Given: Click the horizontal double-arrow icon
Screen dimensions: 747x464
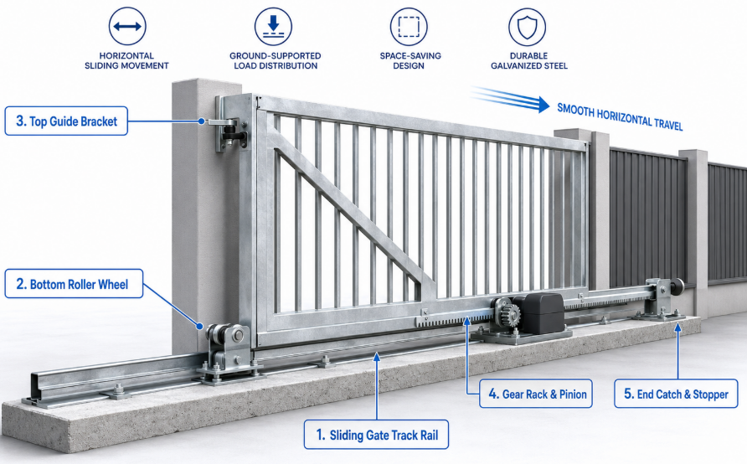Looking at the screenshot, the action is (x=127, y=26).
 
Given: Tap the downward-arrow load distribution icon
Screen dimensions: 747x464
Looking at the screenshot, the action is (x=273, y=26).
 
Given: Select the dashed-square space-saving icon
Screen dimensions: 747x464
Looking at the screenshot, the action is (x=409, y=26).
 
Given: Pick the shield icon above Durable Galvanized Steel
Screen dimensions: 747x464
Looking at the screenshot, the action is (x=527, y=26).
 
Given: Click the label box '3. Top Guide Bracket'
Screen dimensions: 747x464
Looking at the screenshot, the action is (x=66, y=121).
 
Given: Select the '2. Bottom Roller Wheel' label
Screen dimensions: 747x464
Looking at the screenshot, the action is (x=74, y=284).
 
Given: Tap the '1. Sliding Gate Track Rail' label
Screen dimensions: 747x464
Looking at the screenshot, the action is (x=376, y=435).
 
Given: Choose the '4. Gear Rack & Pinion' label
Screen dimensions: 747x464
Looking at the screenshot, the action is (x=536, y=394).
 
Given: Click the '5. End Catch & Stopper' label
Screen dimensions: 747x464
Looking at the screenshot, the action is (x=676, y=394).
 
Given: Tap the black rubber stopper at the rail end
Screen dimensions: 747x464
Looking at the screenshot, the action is (x=677, y=287).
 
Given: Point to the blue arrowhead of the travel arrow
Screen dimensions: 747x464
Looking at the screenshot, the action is (x=544, y=105).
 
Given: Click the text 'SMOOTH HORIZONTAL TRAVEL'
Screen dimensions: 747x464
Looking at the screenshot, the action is (x=621, y=116).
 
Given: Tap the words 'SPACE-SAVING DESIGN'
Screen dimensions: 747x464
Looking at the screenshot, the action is (x=410, y=60).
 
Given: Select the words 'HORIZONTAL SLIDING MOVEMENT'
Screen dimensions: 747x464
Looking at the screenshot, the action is (x=126, y=60).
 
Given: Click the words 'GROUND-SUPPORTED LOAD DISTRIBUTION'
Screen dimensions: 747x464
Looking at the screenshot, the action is (x=276, y=60).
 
